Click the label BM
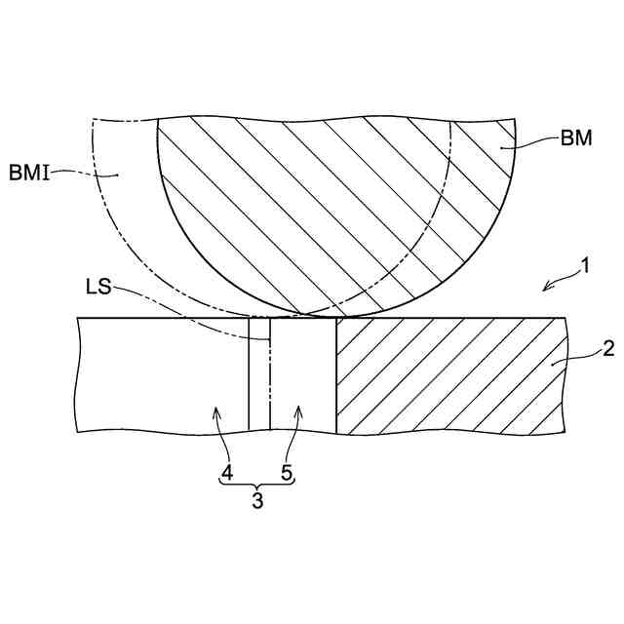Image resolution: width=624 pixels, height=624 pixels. coord(576,138)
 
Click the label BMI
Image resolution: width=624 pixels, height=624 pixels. coord(29,174)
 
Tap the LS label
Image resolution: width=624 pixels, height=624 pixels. coord(98,287)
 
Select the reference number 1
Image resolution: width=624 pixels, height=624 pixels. coord(585,266)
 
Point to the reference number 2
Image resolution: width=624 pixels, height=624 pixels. coord(608,349)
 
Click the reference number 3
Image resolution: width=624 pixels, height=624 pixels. coord(257,500)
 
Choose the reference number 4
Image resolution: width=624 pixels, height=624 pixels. coord(227,473)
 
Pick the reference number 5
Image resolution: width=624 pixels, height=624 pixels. coord(287,473)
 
